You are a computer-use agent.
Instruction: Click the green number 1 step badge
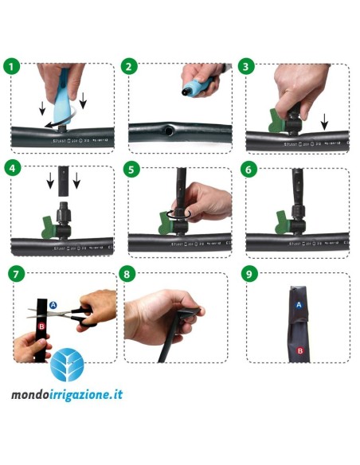pyautogui.click(x=11, y=66)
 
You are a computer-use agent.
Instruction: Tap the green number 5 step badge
pyautogui.click(x=132, y=169)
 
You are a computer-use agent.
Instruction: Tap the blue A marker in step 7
pyautogui.click(x=53, y=305)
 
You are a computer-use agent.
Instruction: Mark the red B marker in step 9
pyautogui.click(x=300, y=350)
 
